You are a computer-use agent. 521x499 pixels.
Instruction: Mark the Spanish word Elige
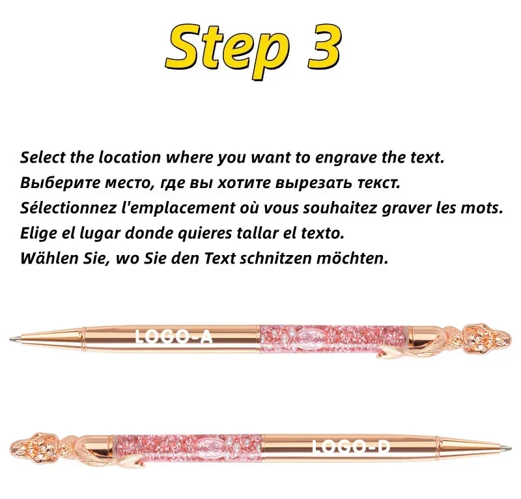point(38,233)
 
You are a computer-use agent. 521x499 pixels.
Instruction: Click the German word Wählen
point(47,258)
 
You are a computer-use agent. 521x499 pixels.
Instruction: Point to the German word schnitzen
point(274,258)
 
